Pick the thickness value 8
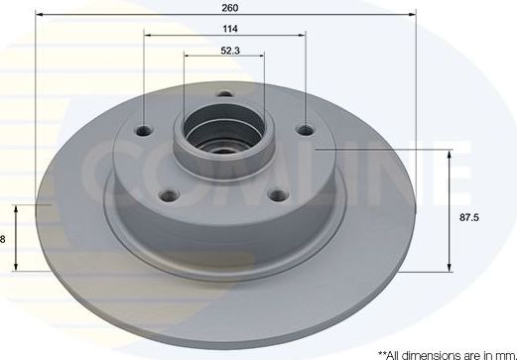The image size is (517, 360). pos(4,239)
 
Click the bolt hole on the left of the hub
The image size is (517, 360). pos(147,130)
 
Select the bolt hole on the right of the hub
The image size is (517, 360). pos(305,129)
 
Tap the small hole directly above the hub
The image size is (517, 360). pos(224,96)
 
